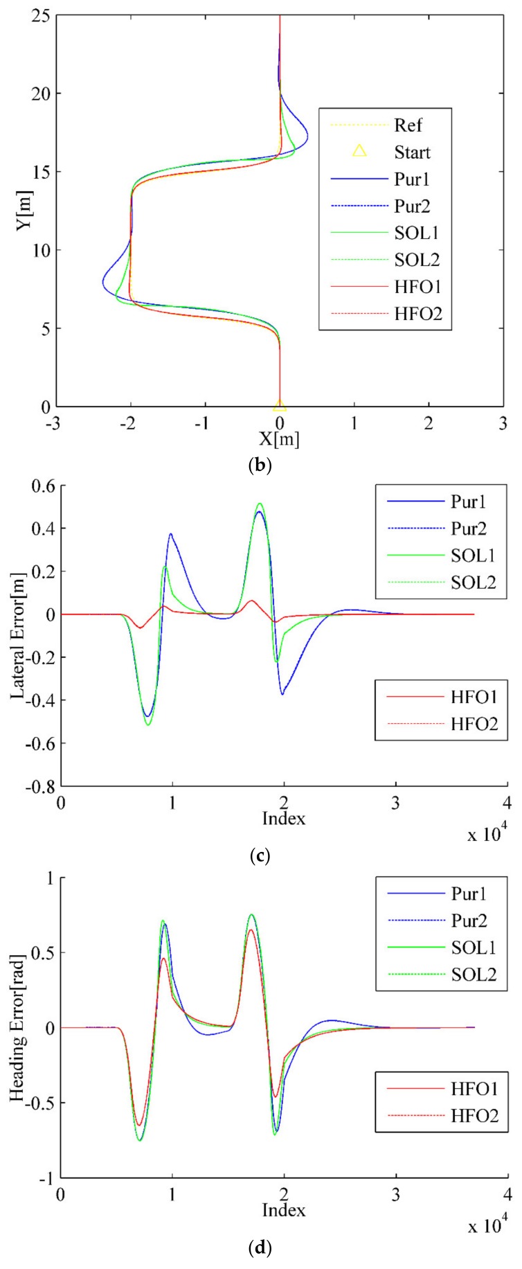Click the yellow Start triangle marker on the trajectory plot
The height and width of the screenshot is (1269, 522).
point(279,406)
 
